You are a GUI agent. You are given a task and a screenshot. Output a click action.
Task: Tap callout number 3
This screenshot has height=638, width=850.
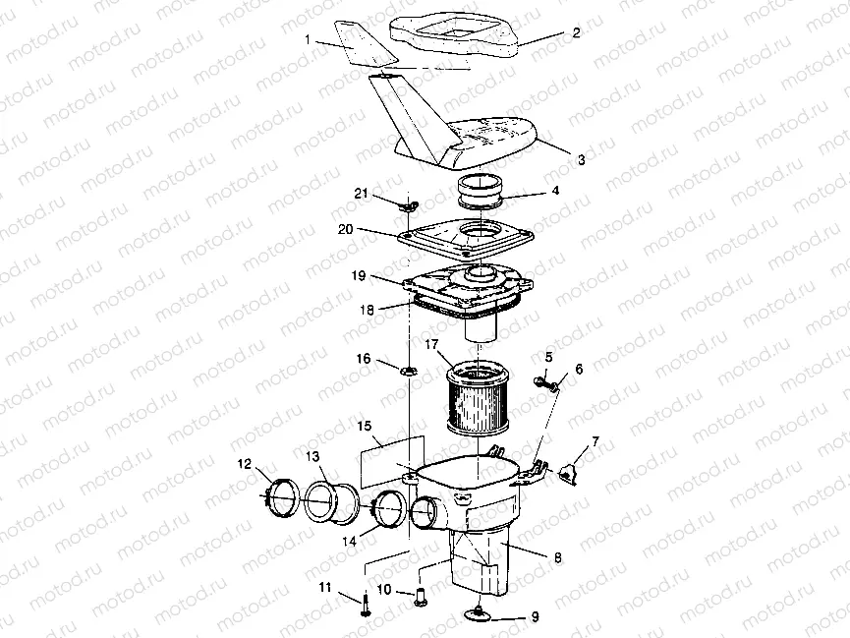(x=582, y=159)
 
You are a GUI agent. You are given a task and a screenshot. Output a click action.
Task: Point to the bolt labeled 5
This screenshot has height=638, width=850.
(x=541, y=380)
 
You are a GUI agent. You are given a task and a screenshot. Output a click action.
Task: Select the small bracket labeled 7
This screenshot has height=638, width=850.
(x=569, y=474)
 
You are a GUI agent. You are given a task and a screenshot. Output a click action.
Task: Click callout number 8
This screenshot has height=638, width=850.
(x=557, y=557)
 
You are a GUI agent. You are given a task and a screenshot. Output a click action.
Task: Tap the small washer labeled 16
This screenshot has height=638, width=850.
(x=408, y=371)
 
